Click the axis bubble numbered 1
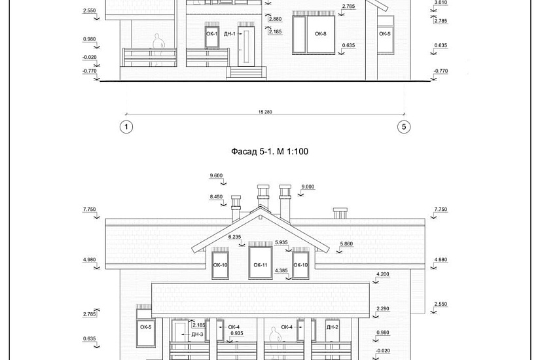126,127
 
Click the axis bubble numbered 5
404,127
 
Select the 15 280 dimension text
265,112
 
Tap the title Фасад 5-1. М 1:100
270,151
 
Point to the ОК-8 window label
320,34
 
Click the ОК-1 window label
212,34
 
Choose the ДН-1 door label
230,34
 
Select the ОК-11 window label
261,265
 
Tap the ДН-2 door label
333,327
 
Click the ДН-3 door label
197,334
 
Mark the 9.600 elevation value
216,175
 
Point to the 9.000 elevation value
308,187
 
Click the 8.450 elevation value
216,197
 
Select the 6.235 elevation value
234,237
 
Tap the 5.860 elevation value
346,244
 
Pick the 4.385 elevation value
281,271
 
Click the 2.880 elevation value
275,19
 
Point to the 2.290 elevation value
383,309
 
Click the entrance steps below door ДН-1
246,73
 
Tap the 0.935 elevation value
237,333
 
